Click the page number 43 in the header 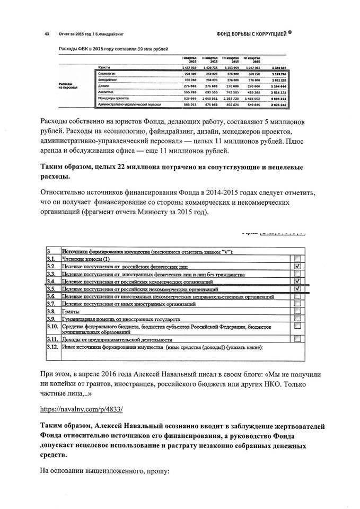[x=47, y=34]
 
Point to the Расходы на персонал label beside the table [x=66, y=85]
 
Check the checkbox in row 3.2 [x=297, y=266]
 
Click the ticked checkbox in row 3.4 [x=297, y=281]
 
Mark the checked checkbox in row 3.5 [x=297, y=289]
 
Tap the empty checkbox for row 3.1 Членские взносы [x=297, y=258]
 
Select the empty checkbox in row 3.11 [x=297, y=339]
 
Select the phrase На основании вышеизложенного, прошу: [x=106, y=470]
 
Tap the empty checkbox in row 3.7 [x=297, y=304]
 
